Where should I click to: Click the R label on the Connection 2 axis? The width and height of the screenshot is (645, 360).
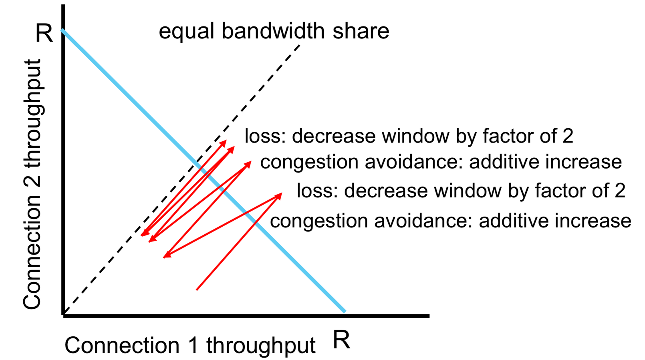click(44, 33)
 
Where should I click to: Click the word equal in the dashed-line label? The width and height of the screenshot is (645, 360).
click(186, 31)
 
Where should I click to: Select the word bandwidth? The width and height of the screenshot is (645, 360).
click(273, 31)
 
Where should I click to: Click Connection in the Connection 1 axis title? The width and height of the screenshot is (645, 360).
click(122, 345)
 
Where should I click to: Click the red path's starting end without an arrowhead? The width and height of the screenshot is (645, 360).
click(197, 289)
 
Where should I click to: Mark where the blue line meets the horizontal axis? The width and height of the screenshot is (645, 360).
click(344, 311)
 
